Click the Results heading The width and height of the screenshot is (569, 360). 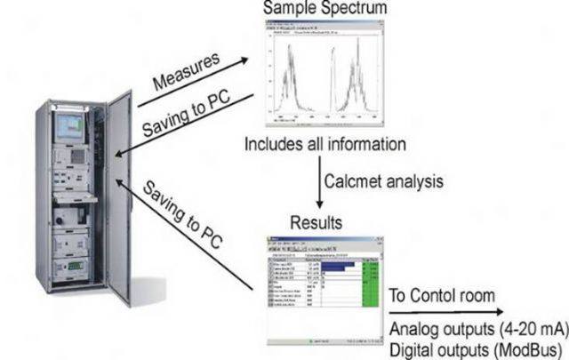(317, 218)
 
